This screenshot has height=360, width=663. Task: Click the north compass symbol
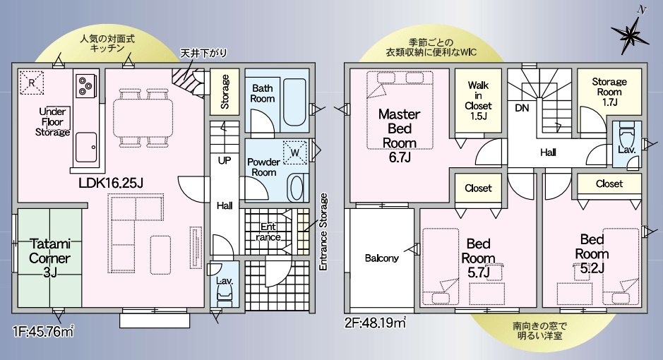[x=628, y=31]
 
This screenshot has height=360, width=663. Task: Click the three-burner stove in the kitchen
[x=86, y=85]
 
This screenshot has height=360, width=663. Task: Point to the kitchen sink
[x=86, y=145]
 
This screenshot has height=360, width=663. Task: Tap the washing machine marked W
[x=296, y=152]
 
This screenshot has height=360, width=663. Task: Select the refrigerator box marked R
[x=31, y=83]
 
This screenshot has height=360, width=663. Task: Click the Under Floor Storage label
[x=54, y=121]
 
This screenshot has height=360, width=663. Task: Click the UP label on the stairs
[x=225, y=160]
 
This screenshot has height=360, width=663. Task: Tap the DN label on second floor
[x=522, y=108]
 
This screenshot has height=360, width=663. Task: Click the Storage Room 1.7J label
[x=607, y=91]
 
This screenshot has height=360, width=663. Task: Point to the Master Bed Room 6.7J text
[x=400, y=135]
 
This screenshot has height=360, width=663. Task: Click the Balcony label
[x=382, y=258]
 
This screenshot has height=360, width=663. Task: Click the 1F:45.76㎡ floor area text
[x=43, y=330]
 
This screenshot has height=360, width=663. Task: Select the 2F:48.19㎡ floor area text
[x=375, y=323]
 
